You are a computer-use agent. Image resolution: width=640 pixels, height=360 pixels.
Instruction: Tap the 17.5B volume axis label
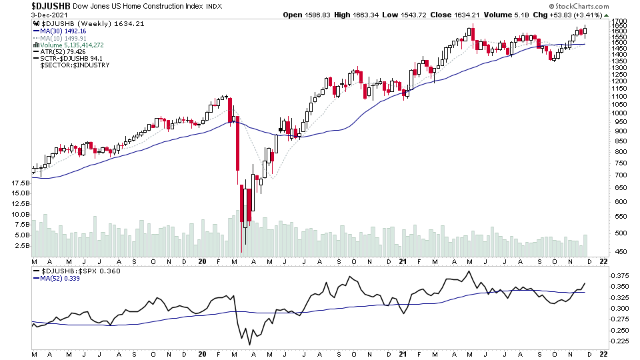pyautogui.click(x=21, y=183)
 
